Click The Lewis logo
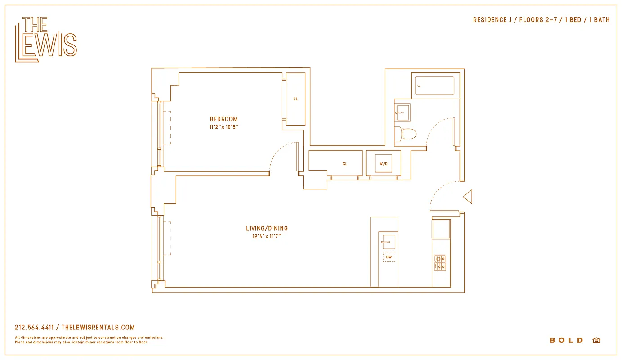click(46, 40)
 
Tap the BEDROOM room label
click(224, 119)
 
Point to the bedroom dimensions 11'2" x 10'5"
click(224, 127)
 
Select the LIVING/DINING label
click(267, 229)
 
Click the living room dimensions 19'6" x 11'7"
click(267, 236)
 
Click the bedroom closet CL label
click(295, 99)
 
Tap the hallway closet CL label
click(345, 164)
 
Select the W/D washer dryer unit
click(383, 164)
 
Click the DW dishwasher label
click(389, 257)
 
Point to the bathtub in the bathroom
click(434, 86)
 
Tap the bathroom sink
click(403, 112)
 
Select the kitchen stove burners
click(440, 263)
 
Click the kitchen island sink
click(389, 242)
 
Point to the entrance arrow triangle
click(468, 197)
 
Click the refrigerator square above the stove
click(441, 229)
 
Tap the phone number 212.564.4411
click(34, 328)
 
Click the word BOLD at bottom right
click(566, 340)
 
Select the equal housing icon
click(596, 340)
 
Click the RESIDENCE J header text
click(492, 20)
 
